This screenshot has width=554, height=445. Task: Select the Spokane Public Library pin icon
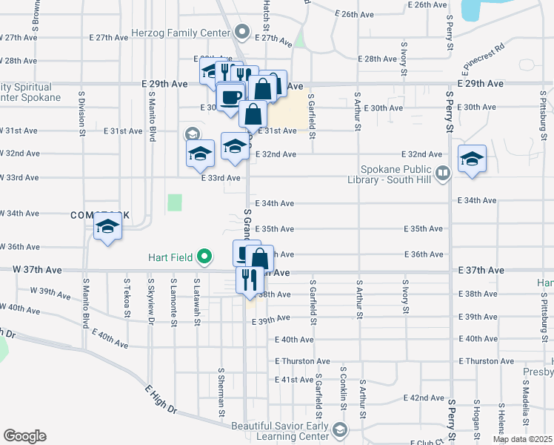(x=443, y=173)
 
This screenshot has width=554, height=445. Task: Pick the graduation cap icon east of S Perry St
(x=471, y=159)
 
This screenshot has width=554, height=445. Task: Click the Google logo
(x=24, y=436)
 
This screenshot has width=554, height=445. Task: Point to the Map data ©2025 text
(x=522, y=439)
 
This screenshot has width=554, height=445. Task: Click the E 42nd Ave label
(x=426, y=398)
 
